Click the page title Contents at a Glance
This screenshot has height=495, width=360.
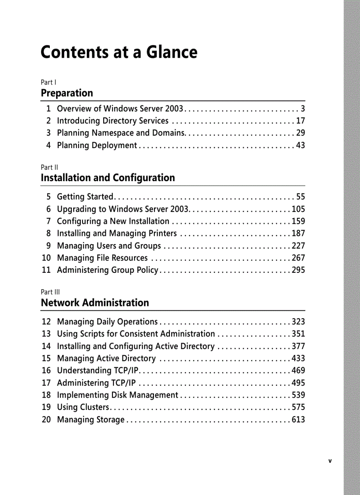[119, 52]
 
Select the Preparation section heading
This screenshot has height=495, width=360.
[67, 93]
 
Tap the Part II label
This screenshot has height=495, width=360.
[49, 167]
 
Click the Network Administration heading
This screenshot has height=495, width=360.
[95, 303]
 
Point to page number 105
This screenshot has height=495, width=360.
[298, 209]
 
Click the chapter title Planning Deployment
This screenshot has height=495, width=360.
[97, 145]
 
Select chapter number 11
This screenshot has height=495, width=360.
[46, 270]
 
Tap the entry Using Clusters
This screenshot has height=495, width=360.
[83, 407]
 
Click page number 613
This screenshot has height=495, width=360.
[298, 420]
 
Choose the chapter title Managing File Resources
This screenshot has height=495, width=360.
[102, 258]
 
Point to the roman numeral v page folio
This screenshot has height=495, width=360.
[330, 462]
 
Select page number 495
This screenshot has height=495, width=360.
[298, 383]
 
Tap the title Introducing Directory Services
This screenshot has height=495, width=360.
[112, 121]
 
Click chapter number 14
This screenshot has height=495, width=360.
[46, 346]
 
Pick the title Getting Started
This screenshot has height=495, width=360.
[86, 197]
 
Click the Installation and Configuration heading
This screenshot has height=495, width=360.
[108, 178]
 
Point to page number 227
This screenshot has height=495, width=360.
[298, 246]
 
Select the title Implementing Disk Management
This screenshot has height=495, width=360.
[117, 395]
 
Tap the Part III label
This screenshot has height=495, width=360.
[50, 292]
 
